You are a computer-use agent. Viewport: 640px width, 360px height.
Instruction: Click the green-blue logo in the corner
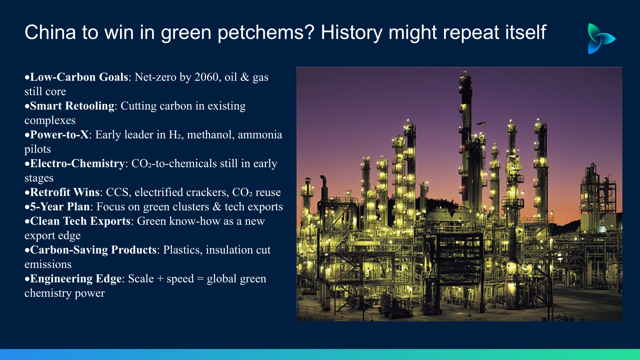(601, 38)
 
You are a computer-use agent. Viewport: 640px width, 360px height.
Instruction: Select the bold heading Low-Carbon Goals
(79, 77)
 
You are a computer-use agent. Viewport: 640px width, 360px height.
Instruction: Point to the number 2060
(206, 77)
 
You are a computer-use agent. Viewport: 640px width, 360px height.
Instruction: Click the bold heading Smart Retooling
(72, 106)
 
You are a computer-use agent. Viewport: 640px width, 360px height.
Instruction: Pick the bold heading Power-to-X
(60, 134)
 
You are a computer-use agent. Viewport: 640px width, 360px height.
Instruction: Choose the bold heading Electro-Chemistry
(78, 164)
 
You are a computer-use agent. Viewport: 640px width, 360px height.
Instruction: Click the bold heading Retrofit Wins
(64, 192)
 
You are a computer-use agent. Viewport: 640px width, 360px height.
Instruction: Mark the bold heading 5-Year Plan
(60, 206)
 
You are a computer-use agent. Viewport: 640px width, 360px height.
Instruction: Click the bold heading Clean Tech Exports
(80, 221)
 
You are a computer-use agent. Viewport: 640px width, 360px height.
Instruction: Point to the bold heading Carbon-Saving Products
(93, 250)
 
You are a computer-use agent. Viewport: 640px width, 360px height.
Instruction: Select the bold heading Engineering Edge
(76, 278)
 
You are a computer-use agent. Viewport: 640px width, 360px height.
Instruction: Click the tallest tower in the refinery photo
(465, 140)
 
